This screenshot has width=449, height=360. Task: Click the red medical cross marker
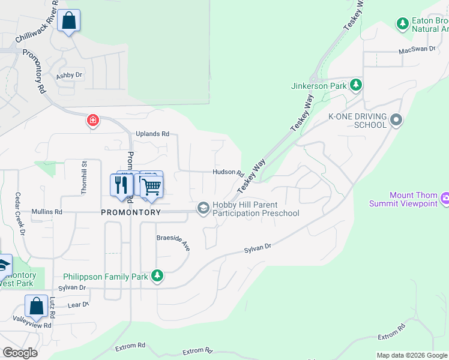click(93, 121)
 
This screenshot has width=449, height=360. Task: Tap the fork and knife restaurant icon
click(122, 185)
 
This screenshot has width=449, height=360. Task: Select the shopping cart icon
click(152, 187)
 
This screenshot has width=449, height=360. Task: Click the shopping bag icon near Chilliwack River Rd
click(70, 21)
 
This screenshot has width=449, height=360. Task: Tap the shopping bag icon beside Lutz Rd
click(36, 306)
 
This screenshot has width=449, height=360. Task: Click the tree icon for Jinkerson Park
click(356, 85)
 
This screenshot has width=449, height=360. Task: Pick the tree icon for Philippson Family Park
click(157, 276)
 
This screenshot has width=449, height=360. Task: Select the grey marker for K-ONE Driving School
click(396, 120)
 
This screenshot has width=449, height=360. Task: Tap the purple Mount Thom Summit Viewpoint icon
click(445, 199)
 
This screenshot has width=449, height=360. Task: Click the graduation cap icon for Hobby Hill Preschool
click(203, 208)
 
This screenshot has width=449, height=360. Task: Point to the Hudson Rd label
click(228, 172)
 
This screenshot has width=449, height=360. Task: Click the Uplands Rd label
click(152, 134)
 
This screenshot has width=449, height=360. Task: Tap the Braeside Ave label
click(173, 242)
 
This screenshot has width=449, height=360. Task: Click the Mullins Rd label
click(50, 212)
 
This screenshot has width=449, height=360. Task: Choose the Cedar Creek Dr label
click(20, 213)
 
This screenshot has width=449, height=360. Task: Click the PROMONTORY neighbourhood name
click(130, 212)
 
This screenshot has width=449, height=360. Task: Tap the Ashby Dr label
click(69, 76)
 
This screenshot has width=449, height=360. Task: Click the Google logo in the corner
click(20, 352)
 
